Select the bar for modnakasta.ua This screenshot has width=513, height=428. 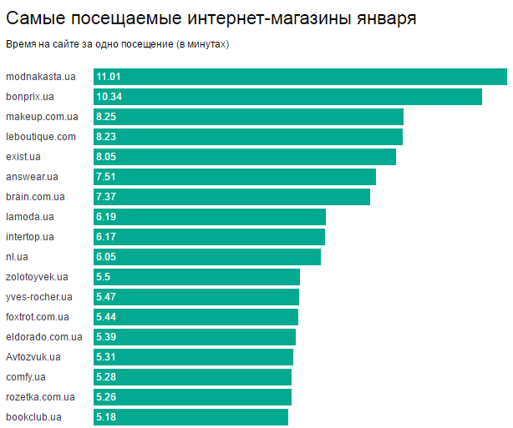[301, 77]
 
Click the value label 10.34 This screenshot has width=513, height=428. [109, 97]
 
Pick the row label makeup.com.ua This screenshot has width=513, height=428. [42, 117]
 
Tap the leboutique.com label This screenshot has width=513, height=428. [41, 137]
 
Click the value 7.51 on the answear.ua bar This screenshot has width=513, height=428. [106, 177]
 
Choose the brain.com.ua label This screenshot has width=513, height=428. [35, 197]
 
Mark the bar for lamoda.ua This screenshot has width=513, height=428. [209, 217]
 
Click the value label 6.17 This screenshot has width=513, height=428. [106, 237]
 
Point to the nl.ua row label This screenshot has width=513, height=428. [17, 257]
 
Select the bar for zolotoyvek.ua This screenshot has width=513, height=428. [196, 277]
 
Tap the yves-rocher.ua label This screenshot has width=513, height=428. [39, 297]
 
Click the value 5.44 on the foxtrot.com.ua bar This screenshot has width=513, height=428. [106, 317]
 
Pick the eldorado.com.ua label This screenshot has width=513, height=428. [44, 337]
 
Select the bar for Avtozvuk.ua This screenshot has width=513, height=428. [193, 357]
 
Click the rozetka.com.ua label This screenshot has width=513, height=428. [40, 397]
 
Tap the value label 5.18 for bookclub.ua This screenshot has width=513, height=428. [106, 417]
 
